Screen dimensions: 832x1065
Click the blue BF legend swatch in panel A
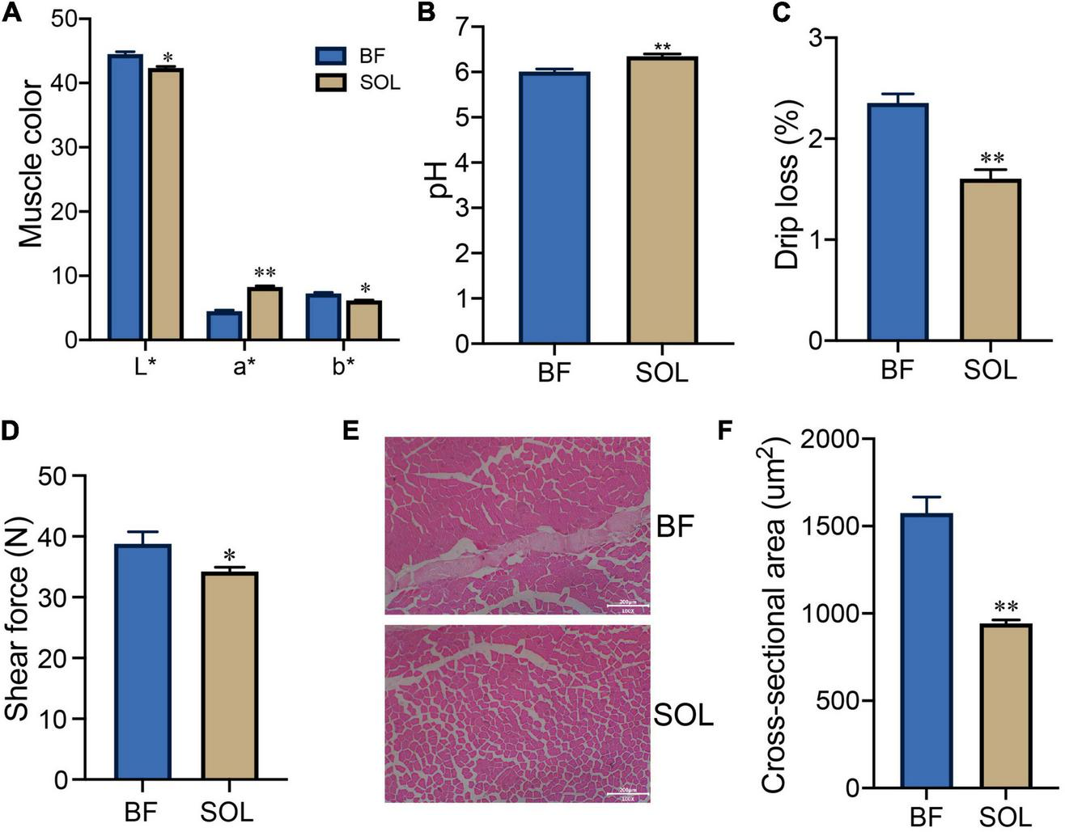(330, 56)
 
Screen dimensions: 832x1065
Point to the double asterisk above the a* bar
(265, 273)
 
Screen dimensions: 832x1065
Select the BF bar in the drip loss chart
(897, 222)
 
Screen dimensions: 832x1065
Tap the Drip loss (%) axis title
(788, 185)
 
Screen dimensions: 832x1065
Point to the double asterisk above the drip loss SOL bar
(991, 158)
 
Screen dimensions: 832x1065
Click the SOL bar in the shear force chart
(229, 675)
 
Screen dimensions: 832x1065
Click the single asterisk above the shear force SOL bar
(229, 555)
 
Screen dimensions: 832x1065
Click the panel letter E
(350, 430)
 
